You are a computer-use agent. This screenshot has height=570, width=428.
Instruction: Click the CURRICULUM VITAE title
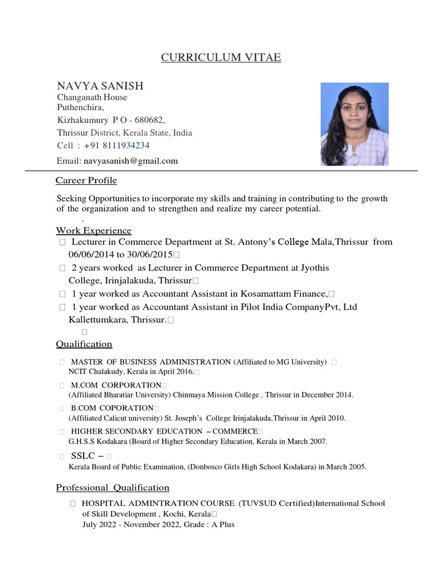coord(221,58)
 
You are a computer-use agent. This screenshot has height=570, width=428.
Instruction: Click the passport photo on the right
coord(354,124)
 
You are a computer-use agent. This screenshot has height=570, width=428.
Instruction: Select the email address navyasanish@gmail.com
coord(131,161)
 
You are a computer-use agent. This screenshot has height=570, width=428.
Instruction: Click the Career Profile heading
coord(86,181)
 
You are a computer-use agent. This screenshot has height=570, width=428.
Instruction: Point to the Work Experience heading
coord(94,230)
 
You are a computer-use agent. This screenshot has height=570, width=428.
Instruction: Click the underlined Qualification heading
coord(84,344)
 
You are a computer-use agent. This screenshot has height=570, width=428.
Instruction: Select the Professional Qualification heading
coord(113,488)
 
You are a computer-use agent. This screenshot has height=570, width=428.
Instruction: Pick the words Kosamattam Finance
coord(286,293)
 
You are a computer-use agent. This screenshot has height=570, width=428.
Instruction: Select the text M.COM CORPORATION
coord(116,385)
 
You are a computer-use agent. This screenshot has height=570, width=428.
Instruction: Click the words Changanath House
coord(92,97)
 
